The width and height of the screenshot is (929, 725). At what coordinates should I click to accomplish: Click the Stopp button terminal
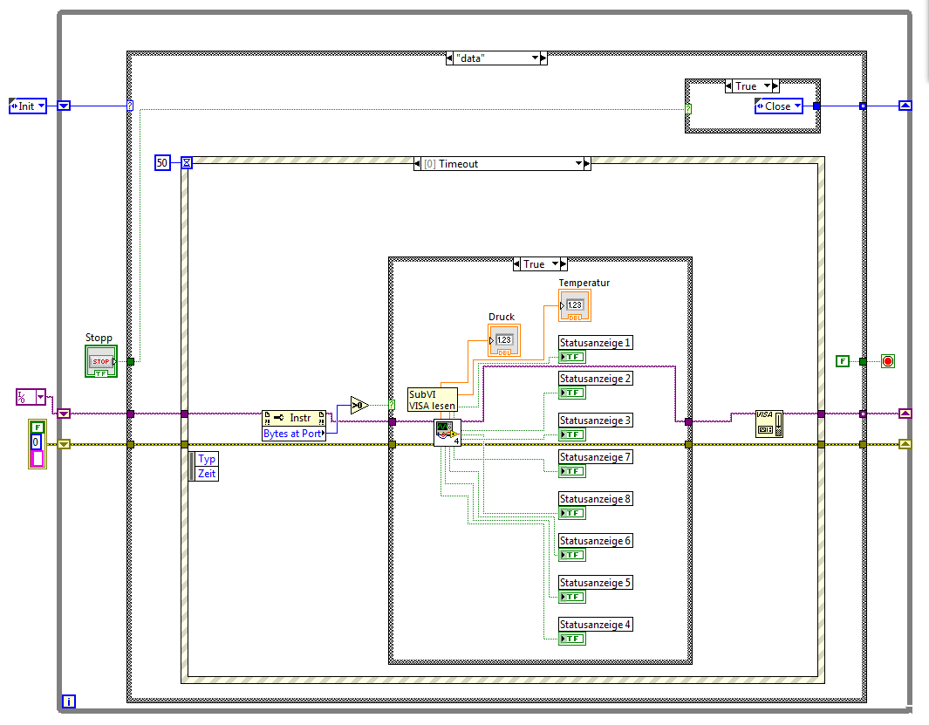pos(100,361)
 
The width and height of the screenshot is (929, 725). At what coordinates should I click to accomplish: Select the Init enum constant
pos(27,106)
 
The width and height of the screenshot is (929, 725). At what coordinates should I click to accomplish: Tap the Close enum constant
pos(778,106)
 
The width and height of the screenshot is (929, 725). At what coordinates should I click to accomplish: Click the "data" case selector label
pos(494,58)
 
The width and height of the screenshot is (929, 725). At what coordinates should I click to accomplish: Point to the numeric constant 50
pos(161,162)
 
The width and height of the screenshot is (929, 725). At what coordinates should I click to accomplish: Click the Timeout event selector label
pos(501,163)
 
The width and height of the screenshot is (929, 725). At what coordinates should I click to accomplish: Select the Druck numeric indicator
pos(504,339)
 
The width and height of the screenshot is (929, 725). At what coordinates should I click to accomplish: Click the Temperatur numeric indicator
pos(574,304)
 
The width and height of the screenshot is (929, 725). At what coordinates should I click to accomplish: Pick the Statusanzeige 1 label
pos(595,343)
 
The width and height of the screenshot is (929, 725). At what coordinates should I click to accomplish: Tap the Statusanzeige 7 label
pos(595,457)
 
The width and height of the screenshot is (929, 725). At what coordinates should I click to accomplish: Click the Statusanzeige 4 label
pos(595,625)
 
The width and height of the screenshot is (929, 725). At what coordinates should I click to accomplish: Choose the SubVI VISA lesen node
pos(432,400)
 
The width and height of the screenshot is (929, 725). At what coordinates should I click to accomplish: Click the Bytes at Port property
pos(293,434)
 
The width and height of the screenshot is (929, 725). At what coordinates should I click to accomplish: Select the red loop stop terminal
pos(888,360)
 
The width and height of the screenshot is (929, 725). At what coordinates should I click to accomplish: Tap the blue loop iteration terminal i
pos(70,701)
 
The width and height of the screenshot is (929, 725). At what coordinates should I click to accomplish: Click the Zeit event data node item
pos(207,473)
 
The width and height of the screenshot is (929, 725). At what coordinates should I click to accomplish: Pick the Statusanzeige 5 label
pos(595,583)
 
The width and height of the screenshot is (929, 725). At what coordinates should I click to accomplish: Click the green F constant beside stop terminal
pos(842,360)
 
